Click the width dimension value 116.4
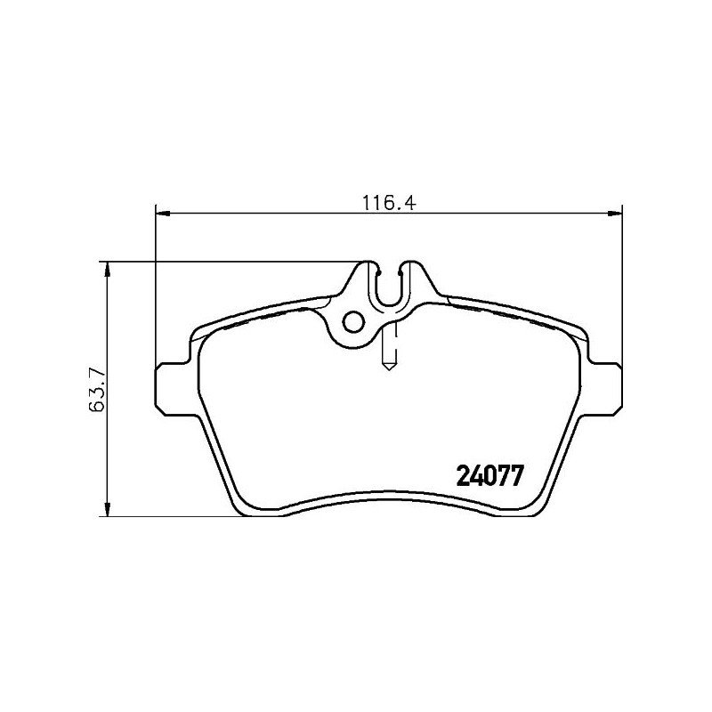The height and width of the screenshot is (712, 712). pos(389,203)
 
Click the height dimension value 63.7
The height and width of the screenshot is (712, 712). pos(98,390)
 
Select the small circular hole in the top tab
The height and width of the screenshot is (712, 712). pos(353,322)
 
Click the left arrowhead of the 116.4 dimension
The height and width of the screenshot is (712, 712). pos(162,213)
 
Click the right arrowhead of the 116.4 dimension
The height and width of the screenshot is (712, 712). pos(615,213)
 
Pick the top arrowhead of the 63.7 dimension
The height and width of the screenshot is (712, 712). pos(107,269)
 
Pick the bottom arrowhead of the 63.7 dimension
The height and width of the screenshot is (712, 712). pos(107,509)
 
